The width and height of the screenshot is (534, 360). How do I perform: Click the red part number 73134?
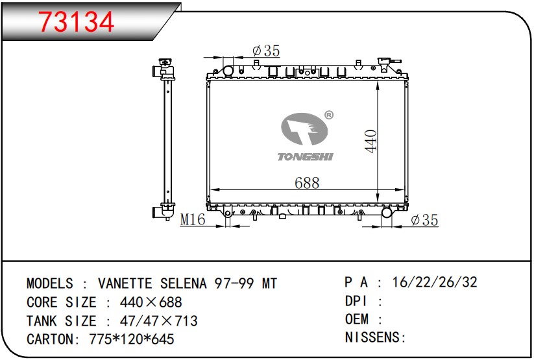coord(76,22)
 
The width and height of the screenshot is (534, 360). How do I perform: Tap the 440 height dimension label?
coord(370,141)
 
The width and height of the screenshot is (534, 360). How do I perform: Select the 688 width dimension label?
coord(307,183)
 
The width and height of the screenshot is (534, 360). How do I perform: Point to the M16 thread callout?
coord(193,220)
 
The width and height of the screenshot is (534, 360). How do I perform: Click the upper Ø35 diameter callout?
coord(266,51)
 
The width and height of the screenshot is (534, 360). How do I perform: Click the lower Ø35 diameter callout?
coord(424,220)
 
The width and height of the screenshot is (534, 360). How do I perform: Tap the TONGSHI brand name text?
coord(305,157)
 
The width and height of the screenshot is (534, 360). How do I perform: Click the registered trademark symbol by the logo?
coord(329,115)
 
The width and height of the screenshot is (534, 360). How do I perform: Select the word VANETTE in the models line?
coord(125,283)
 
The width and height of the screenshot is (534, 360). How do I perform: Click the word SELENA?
coord(184,283)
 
